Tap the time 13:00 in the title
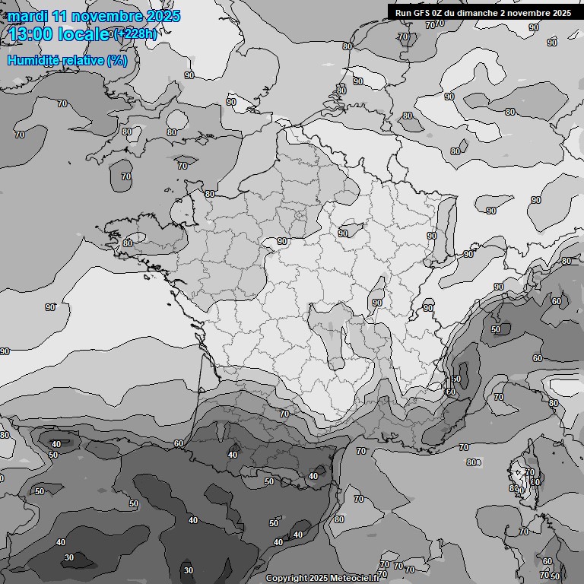tap(30, 34)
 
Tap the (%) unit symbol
tap(117, 60)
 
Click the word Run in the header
tap(404, 13)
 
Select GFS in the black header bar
tap(423, 13)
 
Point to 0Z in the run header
tap(440, 13)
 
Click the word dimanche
tap(481, 13)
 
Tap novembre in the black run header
tap(531, 13)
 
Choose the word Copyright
tap(286, 579)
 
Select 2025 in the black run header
tap(562, 13)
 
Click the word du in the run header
tap(455, 13)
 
